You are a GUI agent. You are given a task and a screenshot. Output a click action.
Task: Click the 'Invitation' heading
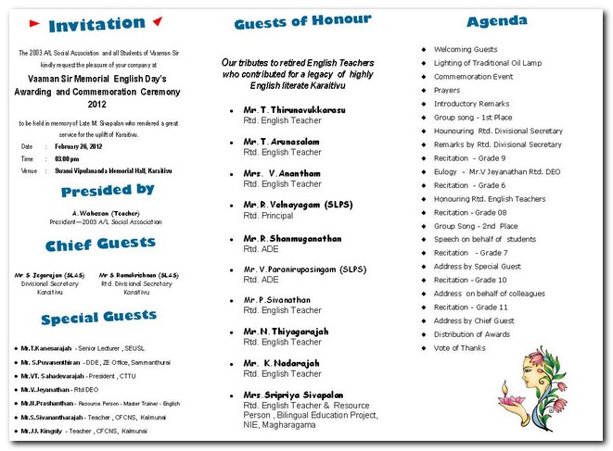96,24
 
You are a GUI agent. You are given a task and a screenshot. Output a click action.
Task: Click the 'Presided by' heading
108,191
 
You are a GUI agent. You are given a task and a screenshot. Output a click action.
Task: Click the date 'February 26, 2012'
85,146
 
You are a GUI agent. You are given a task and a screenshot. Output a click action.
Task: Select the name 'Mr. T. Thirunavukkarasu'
294,110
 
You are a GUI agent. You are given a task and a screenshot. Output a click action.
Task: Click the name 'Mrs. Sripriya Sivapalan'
293,395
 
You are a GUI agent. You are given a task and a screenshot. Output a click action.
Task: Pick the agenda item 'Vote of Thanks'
459,348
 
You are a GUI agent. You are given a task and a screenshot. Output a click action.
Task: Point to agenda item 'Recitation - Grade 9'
470,158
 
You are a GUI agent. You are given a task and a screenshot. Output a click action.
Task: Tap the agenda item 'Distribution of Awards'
472,334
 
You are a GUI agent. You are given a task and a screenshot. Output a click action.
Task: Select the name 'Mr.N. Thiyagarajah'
287,331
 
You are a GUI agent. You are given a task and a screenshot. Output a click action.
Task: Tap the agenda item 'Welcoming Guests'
466,49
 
